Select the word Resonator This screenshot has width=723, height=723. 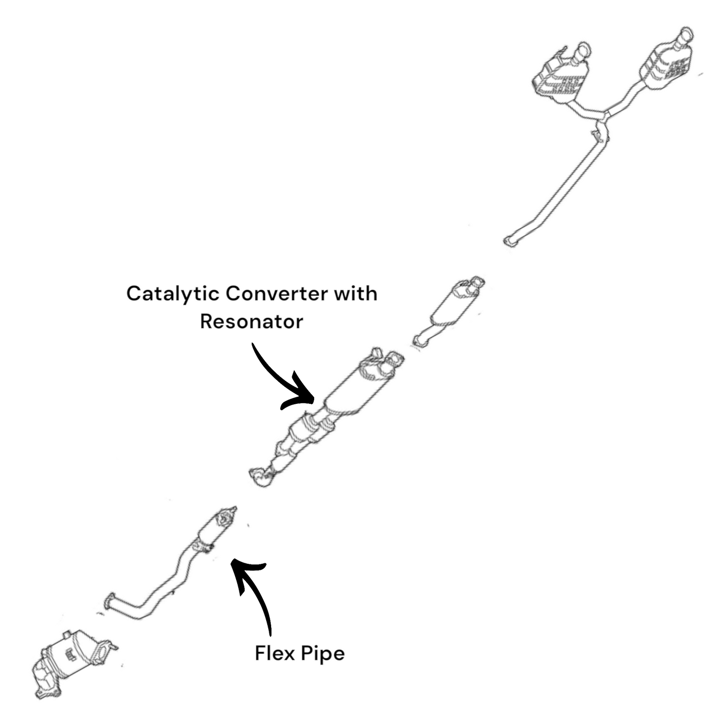coord(251,321)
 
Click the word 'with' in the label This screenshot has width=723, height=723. coord(355,294)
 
